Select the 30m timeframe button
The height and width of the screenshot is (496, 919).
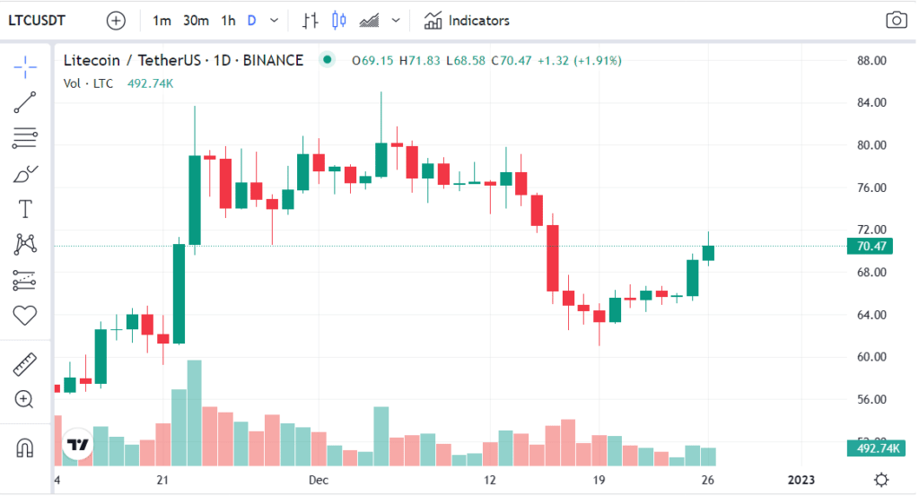196,20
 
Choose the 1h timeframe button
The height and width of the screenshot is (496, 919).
228,20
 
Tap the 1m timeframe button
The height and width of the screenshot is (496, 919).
162,20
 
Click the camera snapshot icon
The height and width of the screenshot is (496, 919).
895,20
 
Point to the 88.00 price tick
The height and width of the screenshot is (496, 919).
871,61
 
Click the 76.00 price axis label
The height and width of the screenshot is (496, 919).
871,187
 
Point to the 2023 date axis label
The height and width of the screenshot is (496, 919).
801,480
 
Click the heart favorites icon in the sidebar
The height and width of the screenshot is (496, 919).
25,315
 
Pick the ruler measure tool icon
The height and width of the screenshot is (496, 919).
25,365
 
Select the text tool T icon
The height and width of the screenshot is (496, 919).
25,209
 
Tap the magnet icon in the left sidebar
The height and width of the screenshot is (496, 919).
25,447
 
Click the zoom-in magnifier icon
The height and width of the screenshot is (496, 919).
25,399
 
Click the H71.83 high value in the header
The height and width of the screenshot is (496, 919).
420,60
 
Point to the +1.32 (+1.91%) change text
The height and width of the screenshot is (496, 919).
578,60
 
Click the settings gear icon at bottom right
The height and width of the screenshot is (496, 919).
882,479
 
